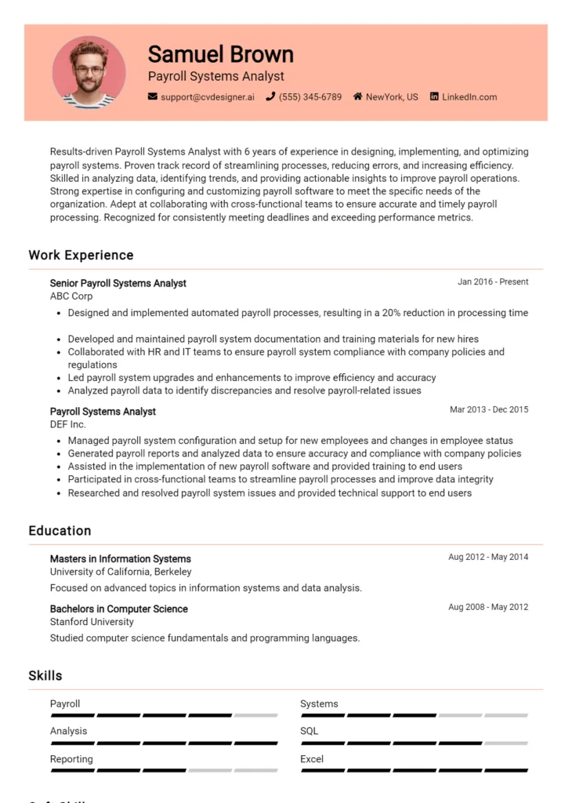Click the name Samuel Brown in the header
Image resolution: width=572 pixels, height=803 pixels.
point(220,54)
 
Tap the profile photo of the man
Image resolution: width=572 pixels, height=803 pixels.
point(89,72)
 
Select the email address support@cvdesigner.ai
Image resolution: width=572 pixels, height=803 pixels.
point(207,97)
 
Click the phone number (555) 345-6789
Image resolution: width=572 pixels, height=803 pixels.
point(310,97)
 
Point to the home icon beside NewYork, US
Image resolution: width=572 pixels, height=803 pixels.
point(357,97)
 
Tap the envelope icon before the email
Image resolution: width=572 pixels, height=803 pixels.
point(153,97)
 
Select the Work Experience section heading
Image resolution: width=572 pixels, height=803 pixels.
point(81,255)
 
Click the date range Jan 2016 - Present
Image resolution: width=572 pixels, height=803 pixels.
point(493,282)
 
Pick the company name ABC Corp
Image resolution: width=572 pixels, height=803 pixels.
point(71,296)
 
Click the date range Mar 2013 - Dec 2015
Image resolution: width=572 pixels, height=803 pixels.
point(489,409)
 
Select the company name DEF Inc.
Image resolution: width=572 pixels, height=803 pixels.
point(68,424)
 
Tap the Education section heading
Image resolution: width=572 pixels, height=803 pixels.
point(60,531)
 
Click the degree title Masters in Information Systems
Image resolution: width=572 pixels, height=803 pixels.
point(120,559)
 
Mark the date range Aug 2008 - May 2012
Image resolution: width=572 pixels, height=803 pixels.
point(488,607)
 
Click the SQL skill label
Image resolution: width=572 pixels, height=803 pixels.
point(310,731)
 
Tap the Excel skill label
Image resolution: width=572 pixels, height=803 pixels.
point(312,759)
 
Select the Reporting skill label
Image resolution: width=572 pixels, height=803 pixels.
point(71,759)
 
